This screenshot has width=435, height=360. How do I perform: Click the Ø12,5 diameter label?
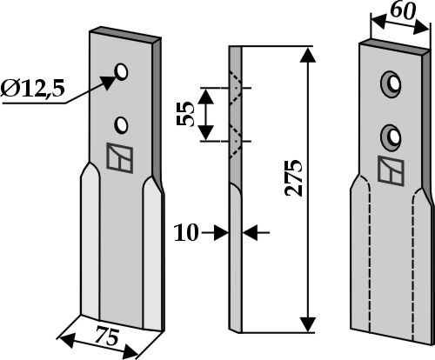[32, 88]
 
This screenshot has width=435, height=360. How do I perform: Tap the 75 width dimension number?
[107, 336]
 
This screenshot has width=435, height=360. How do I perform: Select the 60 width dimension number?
[403, 11]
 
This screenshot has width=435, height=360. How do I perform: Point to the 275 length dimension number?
[294, 177]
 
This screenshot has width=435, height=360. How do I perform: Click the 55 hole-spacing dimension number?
[185, 114]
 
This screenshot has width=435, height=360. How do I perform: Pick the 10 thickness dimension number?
[186, 232]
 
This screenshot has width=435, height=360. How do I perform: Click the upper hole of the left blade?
[122, 71]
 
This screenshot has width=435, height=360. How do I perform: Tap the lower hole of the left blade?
[122, 125]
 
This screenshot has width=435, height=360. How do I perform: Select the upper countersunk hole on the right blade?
[391, 83]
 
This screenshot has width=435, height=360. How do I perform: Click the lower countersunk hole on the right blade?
[391, 137]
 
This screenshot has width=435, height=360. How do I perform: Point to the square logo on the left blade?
[120, 158]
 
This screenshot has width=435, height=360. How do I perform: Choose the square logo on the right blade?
[391, 171]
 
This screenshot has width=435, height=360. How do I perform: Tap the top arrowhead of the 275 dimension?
[308, 55]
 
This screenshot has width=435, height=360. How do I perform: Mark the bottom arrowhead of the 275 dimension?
[308, 324]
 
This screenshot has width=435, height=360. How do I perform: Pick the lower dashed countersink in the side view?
[236, 142]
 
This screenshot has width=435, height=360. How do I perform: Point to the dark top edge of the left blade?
[125, 32]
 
